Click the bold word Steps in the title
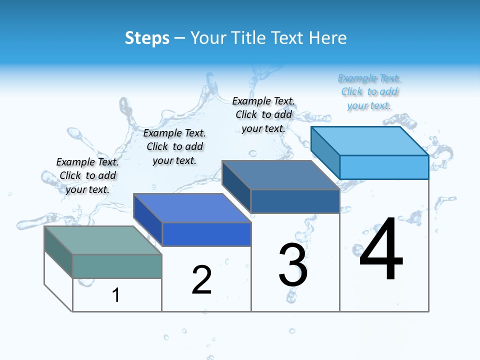(x=147, y=38)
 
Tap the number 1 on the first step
(x=116, y=295)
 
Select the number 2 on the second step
(x=201, y=280)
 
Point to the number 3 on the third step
(x=293, y=265)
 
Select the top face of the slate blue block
(x=280, y=175)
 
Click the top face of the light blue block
(x=369, y=140)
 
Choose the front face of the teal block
(x=117, y=266)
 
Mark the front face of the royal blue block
(x=206, y=234)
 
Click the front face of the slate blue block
(x=295, y=201)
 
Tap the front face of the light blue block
(x=384, y=167)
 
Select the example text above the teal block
(x=87, y=175)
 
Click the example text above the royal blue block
(x=174, y=146)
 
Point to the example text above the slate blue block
(x=263, y=114)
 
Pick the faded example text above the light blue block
(x=369, y=91)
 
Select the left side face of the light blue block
(x=325, y=152)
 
